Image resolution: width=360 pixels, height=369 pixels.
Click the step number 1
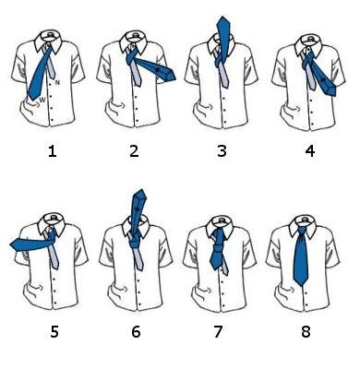coord(53,151)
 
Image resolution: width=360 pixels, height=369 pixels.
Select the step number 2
coord(134,151)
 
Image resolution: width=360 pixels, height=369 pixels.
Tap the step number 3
coord(222,151)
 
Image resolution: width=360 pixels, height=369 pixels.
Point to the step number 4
coord(310,151)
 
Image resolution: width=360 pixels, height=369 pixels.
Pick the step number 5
coord(54,332)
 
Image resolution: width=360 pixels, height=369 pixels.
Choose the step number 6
coord(136,332)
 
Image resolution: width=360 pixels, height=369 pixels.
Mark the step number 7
coord(218,332)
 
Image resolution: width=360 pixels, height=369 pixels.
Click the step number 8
coord(306,332)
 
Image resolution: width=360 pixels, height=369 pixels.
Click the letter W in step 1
coord(42,100)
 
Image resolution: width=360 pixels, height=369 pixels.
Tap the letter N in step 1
coord(57,82)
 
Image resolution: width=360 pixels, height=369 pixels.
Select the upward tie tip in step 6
coord(141,191)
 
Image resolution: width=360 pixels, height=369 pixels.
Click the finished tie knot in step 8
coord(303,230)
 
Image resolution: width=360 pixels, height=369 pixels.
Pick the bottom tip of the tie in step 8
coord(301,285)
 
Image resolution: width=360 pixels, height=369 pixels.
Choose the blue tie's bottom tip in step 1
coord(31,99)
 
